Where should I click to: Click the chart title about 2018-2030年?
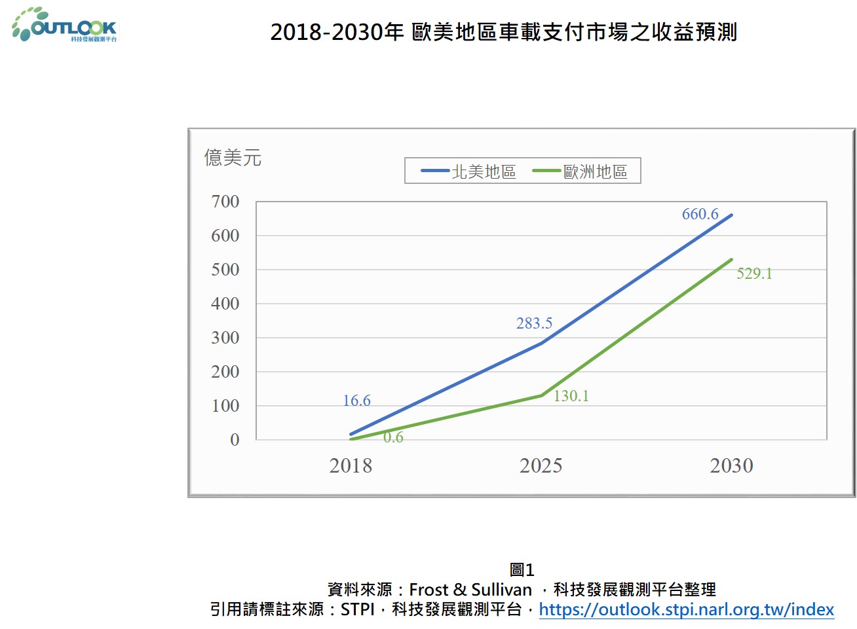(x=503, y=32)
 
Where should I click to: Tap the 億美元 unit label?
(x=233, y=158)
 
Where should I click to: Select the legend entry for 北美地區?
(x=469, y=171)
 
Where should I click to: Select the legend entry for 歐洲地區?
(x=581, y=171)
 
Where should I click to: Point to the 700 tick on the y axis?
(x=225, y=202)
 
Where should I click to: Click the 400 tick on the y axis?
(x=225, y=304)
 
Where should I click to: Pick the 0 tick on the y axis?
(x=235, y=440)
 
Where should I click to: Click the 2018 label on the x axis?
(x=351, y=466)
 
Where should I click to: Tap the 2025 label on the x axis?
(x=541, y=466)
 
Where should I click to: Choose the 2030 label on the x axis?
(x=732, y=466)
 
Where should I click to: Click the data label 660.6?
(x=700, y=214)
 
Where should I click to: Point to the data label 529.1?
(x=754, y=274)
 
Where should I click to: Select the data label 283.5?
(x=534, y=323)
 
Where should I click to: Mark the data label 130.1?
(x=571, y=396)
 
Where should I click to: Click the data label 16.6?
(x=356, y=401)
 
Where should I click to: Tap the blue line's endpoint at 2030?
(x=731, y=215)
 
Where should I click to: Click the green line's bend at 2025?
(x=542, y=395)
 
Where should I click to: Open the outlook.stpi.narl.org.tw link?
(x=686, y=609)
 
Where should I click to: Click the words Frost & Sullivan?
(x=470, y=590)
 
